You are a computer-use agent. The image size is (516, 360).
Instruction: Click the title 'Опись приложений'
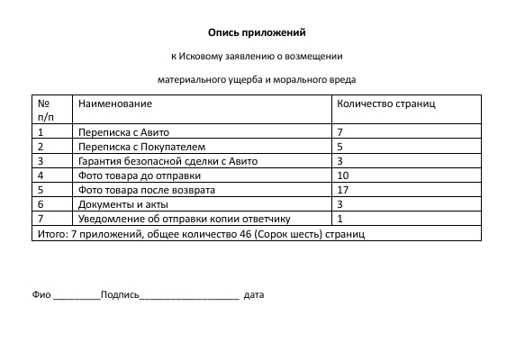[x=258, y=33]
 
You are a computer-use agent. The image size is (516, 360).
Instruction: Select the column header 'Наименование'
[x=114, y=104]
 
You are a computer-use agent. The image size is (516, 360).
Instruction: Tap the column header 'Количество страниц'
[x=385, y=104]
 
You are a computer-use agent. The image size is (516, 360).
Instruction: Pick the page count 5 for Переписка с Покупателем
[x=339, y=147]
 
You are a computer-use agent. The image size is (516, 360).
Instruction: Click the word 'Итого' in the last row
[x=49, y=233]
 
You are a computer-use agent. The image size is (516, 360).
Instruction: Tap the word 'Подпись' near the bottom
[x=120, y=294]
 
